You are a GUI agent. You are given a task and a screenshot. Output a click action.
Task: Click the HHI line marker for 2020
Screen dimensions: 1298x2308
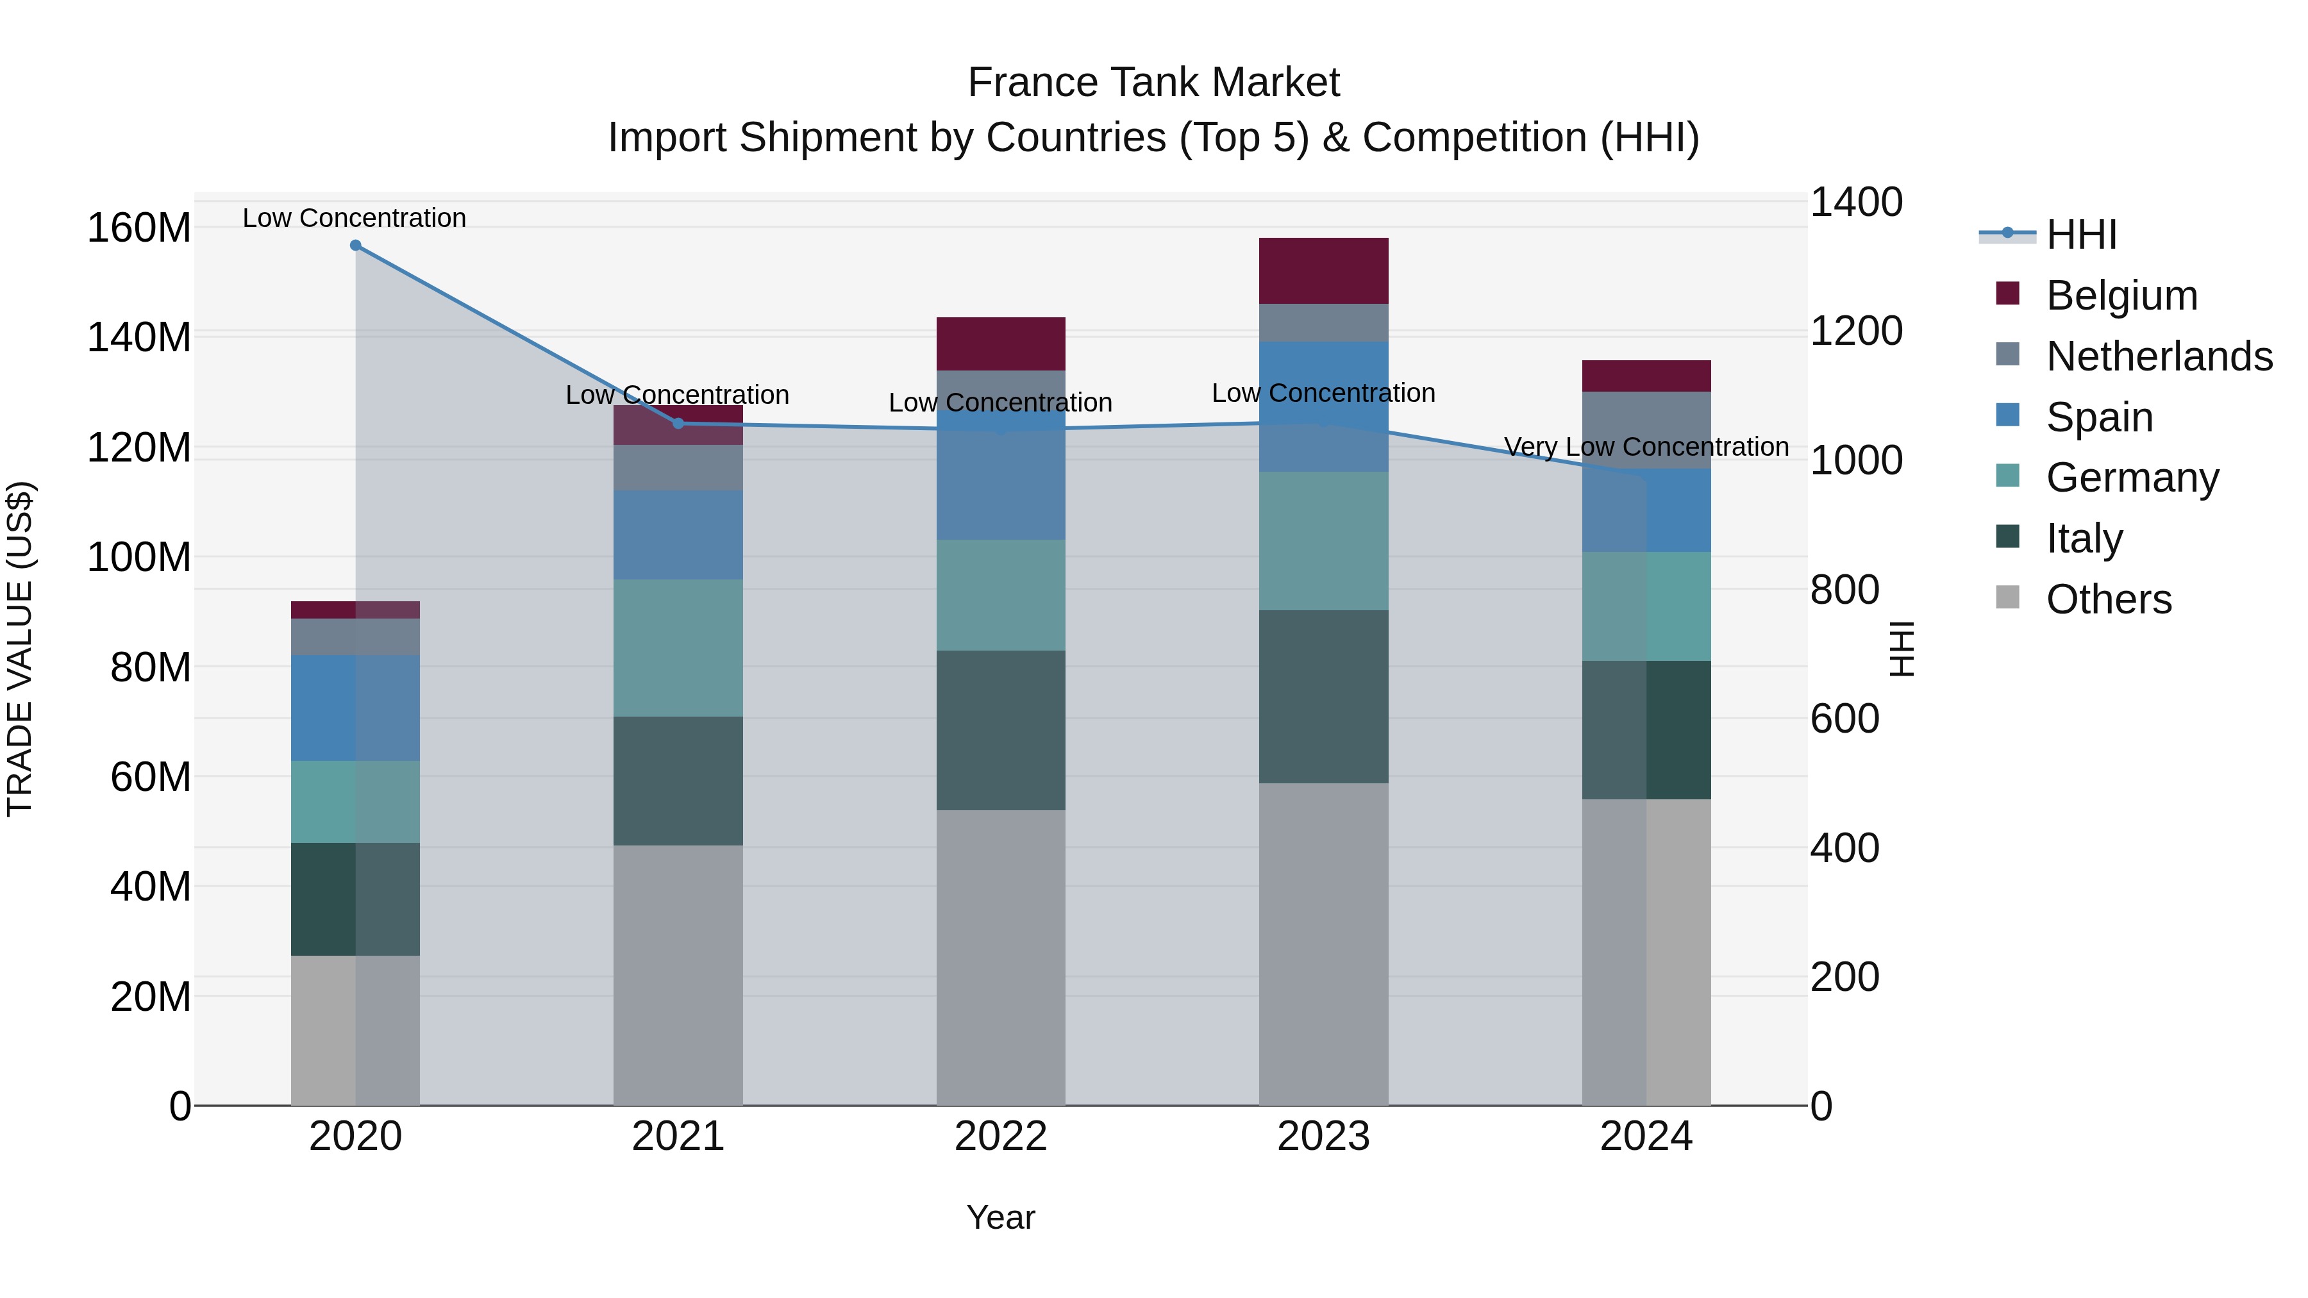pos(356,245)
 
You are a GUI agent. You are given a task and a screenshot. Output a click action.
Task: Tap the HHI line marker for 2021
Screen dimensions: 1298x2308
pos(678,424)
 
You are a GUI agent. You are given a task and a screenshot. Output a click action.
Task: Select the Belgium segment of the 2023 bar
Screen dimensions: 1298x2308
pos(1323,270)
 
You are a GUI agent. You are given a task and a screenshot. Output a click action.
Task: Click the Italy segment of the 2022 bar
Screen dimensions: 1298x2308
pos(1001,730)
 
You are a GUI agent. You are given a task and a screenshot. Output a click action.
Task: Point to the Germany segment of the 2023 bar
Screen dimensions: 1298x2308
pos(1323,541)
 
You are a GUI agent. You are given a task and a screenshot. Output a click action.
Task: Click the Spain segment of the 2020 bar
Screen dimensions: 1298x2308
pos(356,708)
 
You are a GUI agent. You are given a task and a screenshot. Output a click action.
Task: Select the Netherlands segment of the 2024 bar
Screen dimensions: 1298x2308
pos(1646,430)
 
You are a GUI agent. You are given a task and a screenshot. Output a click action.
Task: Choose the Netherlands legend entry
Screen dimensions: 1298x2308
pos(2159,356)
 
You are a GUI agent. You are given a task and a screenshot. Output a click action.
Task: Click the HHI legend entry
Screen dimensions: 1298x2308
pos(2080,235)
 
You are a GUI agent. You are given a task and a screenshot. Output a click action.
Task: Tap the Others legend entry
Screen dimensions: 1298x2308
pos(2108,599)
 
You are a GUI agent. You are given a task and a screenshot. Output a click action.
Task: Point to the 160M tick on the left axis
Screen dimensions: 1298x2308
pos(139,228)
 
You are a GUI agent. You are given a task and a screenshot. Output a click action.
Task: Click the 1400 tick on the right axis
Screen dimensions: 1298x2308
pos(1855,203)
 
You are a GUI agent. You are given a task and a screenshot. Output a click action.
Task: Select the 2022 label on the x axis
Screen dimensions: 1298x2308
pos(1001,1136)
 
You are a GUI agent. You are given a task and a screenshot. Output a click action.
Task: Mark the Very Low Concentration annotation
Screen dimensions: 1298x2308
pos(1646,446)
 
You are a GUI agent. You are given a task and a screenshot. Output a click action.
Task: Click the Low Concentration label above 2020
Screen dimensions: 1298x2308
pos(354,218)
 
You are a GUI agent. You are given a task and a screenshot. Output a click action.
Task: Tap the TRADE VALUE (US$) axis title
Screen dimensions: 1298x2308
pos(20,649)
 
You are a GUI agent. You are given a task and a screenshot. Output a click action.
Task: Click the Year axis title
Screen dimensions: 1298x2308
pos(1001,1217)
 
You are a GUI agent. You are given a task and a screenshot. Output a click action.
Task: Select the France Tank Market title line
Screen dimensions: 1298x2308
pos(1153,83)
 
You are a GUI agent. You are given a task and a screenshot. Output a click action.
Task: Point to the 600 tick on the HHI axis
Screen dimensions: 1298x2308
pos(1844,719)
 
